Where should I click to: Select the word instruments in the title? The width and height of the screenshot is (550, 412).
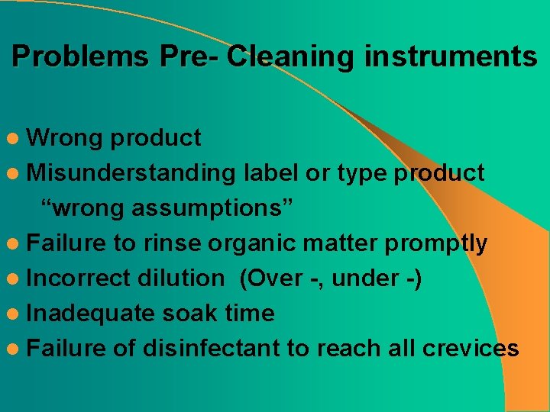[451, 57]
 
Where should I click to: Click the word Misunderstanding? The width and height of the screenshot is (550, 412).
[131, 173]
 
